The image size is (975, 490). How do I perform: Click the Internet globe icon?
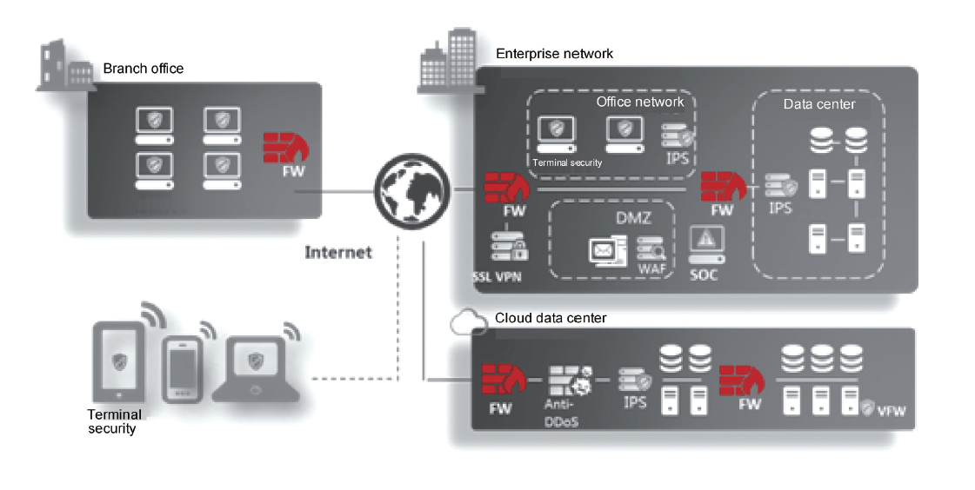click(x=411, y=188)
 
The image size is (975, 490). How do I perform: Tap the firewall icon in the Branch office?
click(x=284, y=148)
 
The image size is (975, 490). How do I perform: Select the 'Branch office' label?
click(x=144, y=69)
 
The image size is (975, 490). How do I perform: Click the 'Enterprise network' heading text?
click(x=554, y=54)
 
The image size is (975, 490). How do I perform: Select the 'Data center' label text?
click(x=819, y=104)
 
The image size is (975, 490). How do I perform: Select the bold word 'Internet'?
click(x=338, y=253)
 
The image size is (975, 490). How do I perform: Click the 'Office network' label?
click(x=640, y=102)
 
